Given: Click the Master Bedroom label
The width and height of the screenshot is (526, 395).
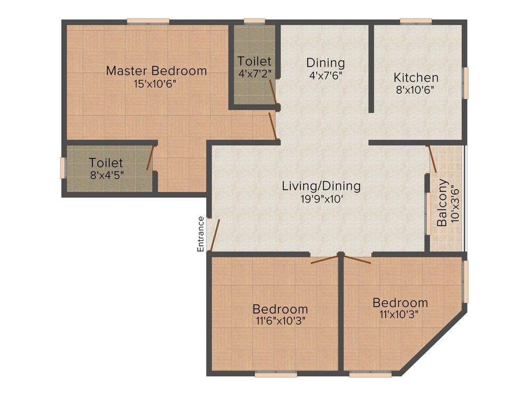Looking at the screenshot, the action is [x=156, y=71].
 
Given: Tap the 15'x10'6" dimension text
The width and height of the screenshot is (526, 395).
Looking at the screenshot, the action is [x=155, y=84].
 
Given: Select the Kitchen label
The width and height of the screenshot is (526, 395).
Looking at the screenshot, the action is [x=416, y=78].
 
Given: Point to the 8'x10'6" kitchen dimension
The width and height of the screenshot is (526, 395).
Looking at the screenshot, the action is [x=415, y=90].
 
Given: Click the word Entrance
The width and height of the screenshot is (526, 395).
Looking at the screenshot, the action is [x=200, y=234].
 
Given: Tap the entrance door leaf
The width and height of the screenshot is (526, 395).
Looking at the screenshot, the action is [x=215, y=235].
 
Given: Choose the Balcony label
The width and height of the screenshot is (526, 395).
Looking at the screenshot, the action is [x=442, y=203].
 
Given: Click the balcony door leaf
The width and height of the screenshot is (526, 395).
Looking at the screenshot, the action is [x=431, y=159].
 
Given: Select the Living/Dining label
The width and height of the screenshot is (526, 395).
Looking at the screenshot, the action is [x=321, y=186].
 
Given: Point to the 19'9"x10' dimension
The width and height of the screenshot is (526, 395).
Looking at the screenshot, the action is [x=322, y=200].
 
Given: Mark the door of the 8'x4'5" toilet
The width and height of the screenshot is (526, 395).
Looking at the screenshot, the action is [x=151, y=157].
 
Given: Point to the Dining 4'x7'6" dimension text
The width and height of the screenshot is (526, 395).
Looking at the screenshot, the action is [x=325, y=76].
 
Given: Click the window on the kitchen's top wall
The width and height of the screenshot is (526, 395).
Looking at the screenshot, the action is [x=416, y=21].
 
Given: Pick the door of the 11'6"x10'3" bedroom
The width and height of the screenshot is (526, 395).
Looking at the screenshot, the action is [x=324, y=259].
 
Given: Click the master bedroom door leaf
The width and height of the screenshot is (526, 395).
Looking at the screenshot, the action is [x=273, y=125].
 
